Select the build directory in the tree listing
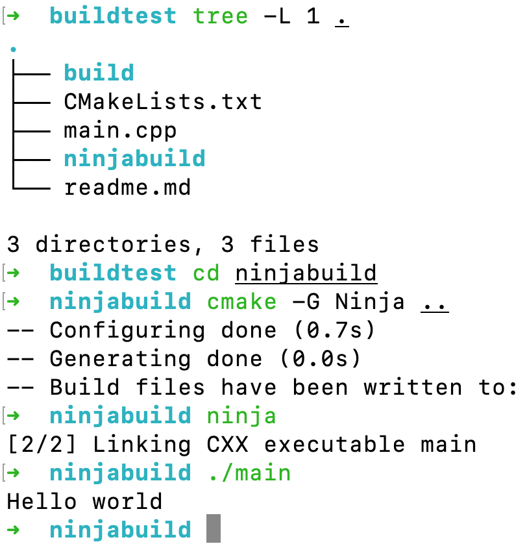(99, 73)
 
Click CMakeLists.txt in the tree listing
(163, 102)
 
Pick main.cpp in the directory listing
(120, 130)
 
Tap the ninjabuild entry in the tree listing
(134, 159)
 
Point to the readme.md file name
(127, 188)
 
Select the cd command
(206, 273)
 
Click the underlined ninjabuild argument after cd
(306, 273)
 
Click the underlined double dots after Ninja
(434, 302)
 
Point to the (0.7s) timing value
(334, 330)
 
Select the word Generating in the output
(120, 359)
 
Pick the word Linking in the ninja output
(141, 445)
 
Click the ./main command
(249, 473)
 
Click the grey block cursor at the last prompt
(214, 530)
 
